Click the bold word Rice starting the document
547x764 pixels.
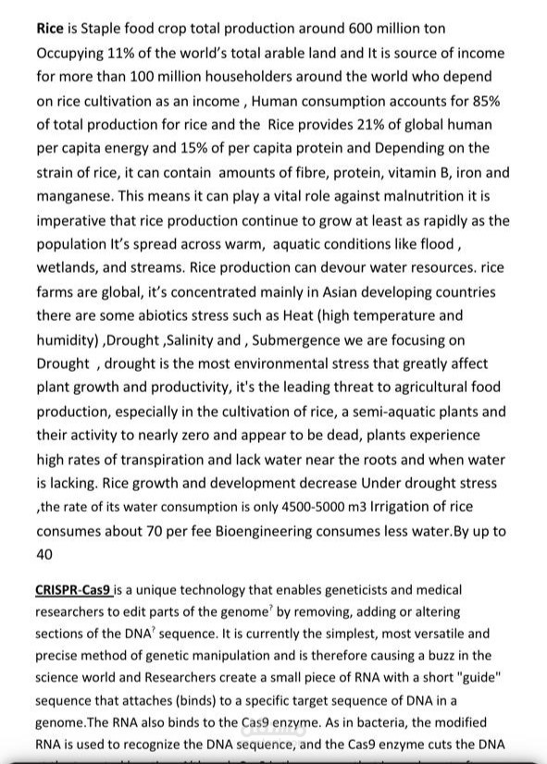click(x=49, y=28)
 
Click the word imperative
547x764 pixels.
click(x=75, y=220)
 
